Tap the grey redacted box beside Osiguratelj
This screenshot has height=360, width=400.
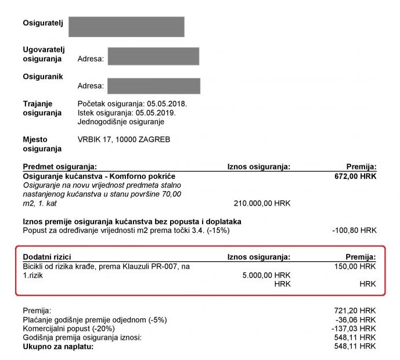click(x=126, y=27)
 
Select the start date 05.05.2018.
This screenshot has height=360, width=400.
click(x=168, y=103)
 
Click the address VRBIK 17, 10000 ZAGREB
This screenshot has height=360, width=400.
click(x=124, y=140)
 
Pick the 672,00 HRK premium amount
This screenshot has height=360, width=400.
click(x=356, y=176)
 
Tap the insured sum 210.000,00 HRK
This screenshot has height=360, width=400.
click(x=262, y=203)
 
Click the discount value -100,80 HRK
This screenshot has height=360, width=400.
click(x=354, y=231)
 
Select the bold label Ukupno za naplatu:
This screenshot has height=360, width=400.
click(x=58, y=347)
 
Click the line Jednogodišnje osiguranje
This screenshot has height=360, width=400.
click(x=121, y=122)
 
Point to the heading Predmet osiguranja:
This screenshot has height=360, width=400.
click(x=59, y=167)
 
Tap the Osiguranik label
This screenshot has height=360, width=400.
click(x=42, y=77)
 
